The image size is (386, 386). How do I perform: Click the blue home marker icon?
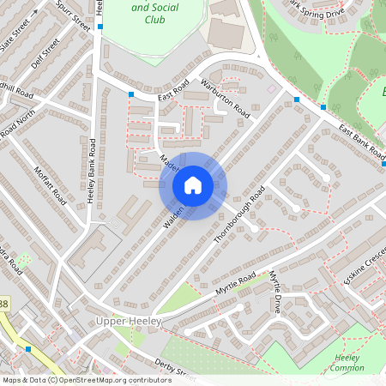tap(193, 185)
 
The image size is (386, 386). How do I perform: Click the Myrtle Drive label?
tap(275, 293)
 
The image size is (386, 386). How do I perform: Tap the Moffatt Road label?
tap(50, 184)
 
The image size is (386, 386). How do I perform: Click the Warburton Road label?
tap(226, 99)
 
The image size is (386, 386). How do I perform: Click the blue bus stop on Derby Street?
tap(29, 349)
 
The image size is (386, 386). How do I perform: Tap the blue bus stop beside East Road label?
tap(131, 94)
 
